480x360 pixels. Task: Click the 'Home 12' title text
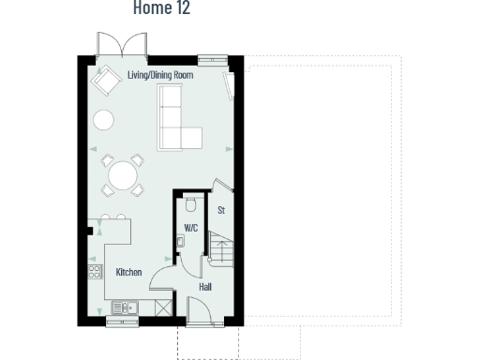pos(161,8)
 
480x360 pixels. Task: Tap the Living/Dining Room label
pos(160,74)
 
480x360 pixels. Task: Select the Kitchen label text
pos(128,272)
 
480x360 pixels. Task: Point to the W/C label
pos(190,228)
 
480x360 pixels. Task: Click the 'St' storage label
pos(221,210)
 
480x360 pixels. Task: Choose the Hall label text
pos(205,286)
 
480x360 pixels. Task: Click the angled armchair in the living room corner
pos(105,82)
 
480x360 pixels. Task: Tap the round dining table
pos(123,175)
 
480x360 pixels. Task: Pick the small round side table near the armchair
pos(103,120)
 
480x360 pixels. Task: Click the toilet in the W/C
pos(190,203)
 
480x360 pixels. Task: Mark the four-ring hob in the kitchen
pos(94,273)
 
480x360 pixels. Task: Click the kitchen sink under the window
pos(124,307)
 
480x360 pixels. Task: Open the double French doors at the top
pos(122,46)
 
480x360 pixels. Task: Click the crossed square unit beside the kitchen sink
pos(164,307)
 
